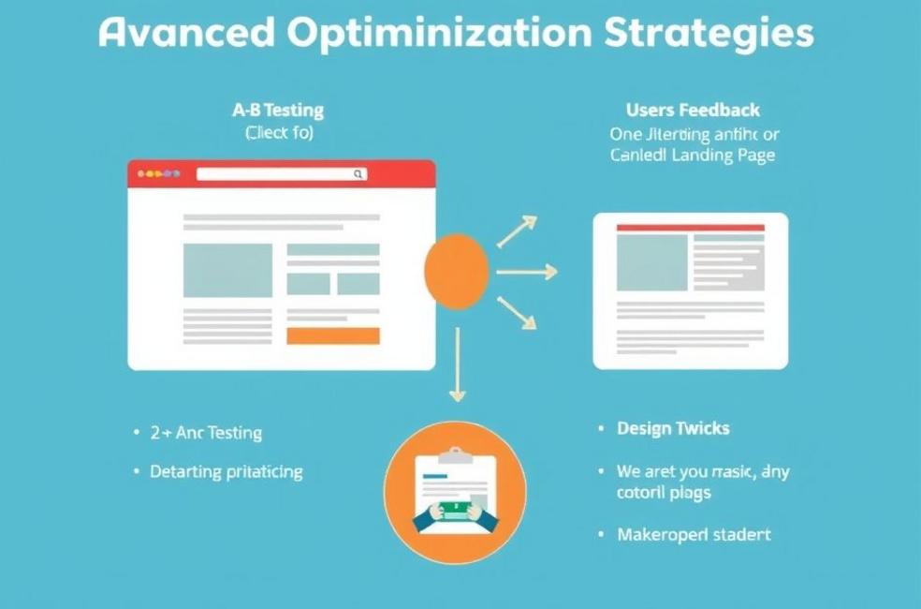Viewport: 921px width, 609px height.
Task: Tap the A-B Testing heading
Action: pos(278,110)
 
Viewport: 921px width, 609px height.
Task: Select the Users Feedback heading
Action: pos(693,110)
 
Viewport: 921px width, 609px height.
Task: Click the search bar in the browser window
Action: pos(276,173)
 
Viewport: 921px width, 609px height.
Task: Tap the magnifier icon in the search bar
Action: pos(358,173)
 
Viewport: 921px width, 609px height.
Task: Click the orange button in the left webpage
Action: pos(332,335)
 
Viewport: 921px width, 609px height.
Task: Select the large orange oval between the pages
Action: pos(457,271)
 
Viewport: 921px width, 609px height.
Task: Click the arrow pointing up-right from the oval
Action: pos(517,230)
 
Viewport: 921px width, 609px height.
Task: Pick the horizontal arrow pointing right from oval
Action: pos(526,272)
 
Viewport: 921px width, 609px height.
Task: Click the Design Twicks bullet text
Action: pos(673,428)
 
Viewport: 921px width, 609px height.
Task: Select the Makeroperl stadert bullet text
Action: pos(694,534)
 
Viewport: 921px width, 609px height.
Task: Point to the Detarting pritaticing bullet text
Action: pos(226,471)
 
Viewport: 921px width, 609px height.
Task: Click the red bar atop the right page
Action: pos(690,228)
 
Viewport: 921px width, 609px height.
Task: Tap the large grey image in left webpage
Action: pos(227,270)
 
